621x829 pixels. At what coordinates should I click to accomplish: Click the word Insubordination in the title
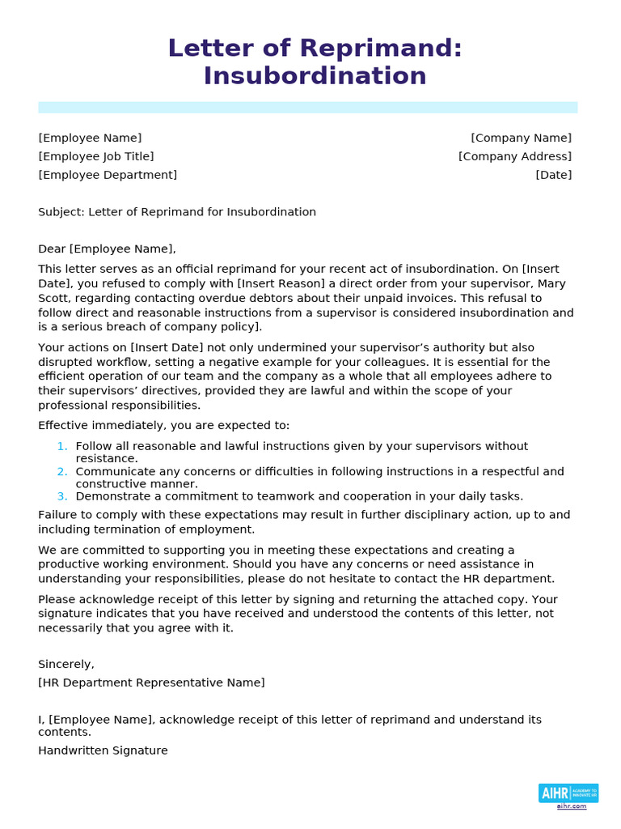point(315,76)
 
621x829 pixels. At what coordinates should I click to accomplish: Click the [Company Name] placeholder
point(521,138)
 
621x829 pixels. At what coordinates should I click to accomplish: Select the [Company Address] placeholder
point(514,157)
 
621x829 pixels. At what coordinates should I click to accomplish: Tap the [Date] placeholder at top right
point(553,175)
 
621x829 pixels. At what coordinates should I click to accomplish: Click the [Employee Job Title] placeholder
point(95,157)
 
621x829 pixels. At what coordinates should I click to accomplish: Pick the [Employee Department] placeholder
point(108,175)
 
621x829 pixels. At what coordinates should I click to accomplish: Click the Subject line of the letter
point(176,212)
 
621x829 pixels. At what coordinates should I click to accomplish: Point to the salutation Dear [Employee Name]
point(107,249)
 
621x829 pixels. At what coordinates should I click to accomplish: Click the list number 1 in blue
point(62,446)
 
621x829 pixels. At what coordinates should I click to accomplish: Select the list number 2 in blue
point(62,472)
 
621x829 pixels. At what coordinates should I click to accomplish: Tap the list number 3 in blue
point(62,496)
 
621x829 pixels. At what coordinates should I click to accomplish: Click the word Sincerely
point(66,665)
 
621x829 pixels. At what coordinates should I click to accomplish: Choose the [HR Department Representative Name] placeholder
point(151,683)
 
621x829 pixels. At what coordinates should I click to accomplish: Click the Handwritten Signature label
point(103,750)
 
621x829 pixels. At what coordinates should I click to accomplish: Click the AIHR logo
point(568,793)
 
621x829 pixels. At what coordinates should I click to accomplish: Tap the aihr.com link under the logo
point(571,806)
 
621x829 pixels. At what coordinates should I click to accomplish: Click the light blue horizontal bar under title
point(307,108)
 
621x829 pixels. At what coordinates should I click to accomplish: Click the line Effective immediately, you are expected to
point(163,426)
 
